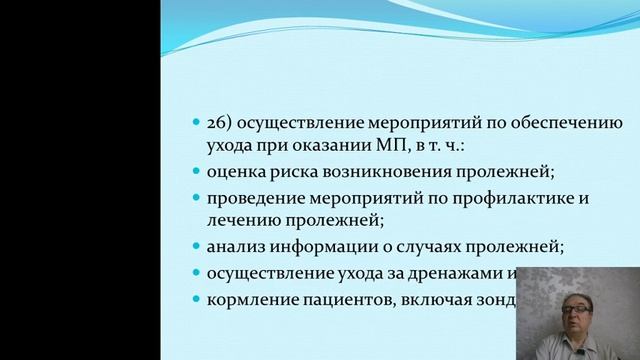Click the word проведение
[250, 198]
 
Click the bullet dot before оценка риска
[196, 172]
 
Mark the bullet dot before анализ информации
[196, 247]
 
